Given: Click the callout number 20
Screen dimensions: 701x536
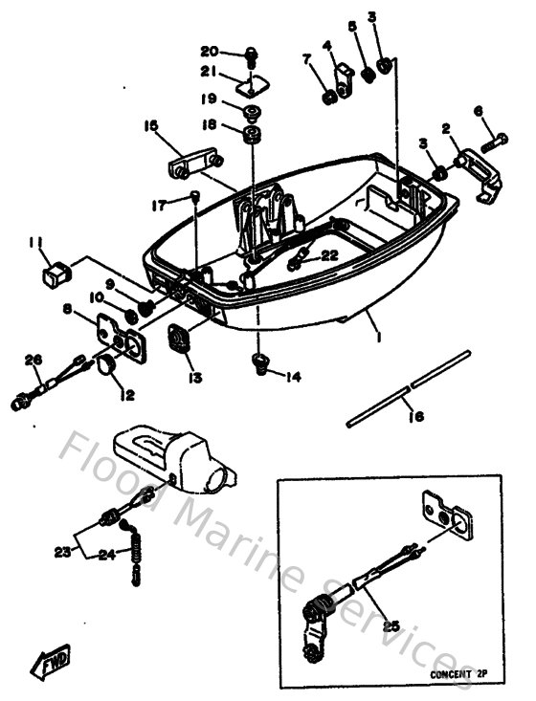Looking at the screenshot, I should [209, 51].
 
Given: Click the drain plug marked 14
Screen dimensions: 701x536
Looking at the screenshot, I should [257, 361].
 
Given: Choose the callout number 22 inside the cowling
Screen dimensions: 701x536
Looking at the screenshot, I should [328, 254].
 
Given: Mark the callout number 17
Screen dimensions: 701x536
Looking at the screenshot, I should [158, 204].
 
